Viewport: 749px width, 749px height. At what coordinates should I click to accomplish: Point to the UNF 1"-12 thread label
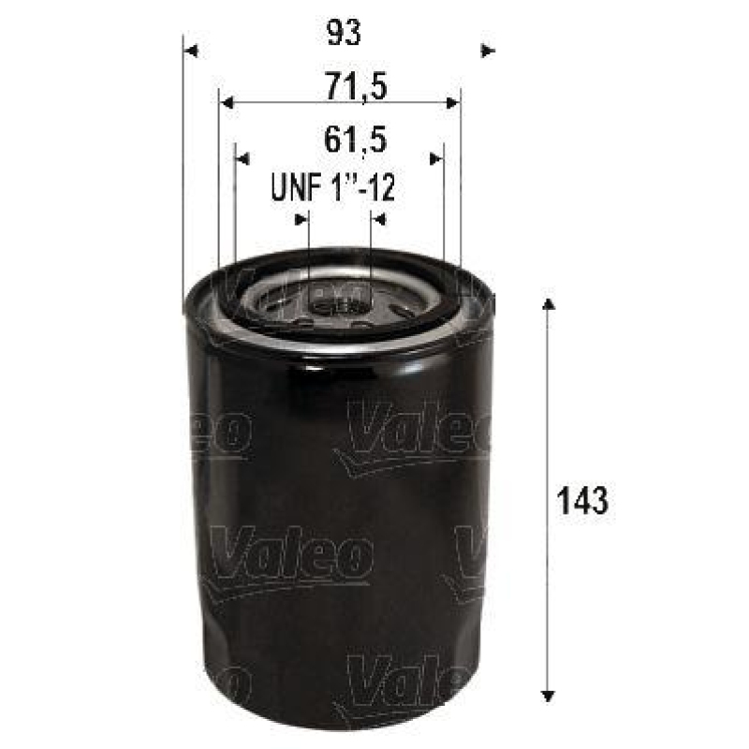[x=332, y=189]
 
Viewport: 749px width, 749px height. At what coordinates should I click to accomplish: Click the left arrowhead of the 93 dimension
[x=191, y=50]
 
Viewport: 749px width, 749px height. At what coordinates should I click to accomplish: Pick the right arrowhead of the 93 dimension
[x=487, y=50]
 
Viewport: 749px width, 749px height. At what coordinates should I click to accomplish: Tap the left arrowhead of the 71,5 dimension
[x=226, y=104]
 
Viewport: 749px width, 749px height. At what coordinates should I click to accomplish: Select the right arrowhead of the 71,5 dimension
[x=453, y=104]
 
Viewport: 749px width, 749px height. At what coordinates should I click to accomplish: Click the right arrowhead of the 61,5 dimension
[x=435, y=158]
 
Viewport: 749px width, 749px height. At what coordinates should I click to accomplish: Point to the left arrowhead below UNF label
[x=301, y=219]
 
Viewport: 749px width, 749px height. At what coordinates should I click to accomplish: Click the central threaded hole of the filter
[x=338, y=301]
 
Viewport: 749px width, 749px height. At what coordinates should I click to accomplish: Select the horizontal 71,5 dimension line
[x=339, y=104]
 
